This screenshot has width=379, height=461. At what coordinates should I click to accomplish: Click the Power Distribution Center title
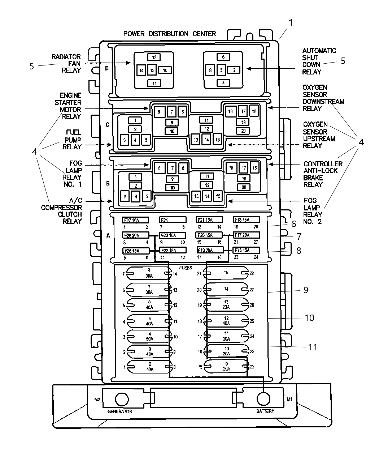(170, 34)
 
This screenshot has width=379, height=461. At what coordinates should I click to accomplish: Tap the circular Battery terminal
(263, 399)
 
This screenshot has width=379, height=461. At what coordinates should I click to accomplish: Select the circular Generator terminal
(122, 399)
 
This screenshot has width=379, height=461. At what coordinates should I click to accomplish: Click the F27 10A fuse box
(135, 220)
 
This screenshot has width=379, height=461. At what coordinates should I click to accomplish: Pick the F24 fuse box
(173, 220)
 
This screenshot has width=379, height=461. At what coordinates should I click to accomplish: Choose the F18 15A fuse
(247, 220)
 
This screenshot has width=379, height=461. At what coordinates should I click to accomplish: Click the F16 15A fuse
(246, 250)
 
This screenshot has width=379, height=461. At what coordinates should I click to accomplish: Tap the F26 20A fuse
(136, 235)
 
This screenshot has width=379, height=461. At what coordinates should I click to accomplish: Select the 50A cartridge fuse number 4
(150, 336)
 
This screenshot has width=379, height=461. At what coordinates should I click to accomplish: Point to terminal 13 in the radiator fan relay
(154, 57)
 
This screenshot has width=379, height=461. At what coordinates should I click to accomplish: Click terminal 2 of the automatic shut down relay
(234, 70)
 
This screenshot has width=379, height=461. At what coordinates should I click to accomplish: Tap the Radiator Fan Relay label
(66, 64)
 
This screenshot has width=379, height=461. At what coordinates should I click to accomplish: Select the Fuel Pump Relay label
(72, 140)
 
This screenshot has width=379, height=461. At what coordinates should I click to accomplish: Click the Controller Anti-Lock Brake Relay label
(323, 174)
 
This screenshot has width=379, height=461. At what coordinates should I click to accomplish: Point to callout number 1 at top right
(291, 23)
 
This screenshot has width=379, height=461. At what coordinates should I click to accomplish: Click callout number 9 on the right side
(306, 290)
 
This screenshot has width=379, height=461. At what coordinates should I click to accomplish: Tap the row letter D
(107, 68)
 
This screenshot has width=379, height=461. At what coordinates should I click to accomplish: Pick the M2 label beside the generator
(97, 400)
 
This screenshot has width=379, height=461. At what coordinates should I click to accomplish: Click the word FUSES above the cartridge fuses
(186, 268)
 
